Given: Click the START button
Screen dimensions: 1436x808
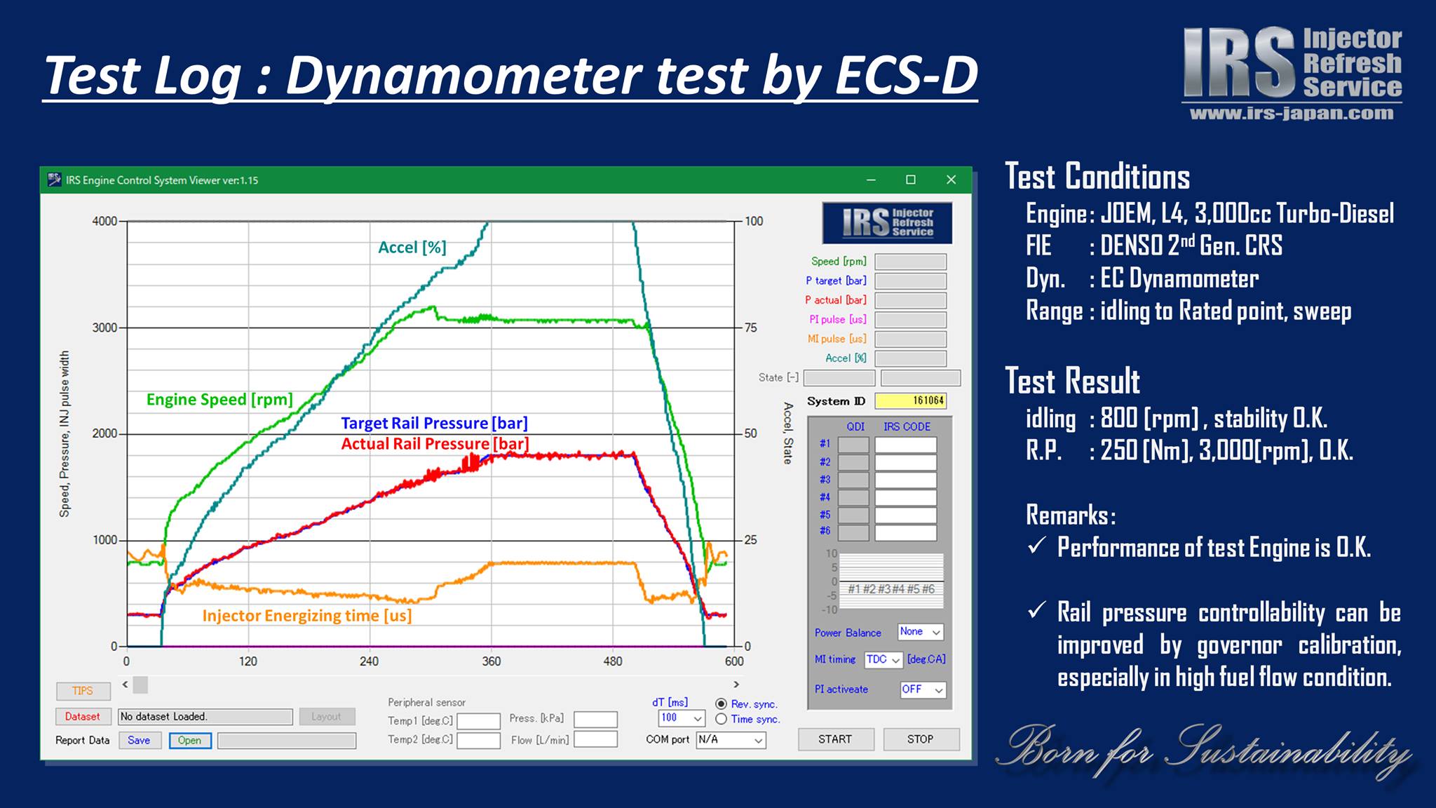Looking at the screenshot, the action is point(836,739).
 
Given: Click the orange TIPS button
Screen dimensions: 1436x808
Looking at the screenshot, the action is point(83,691).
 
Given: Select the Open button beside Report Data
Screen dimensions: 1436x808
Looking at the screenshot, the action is point(190,741).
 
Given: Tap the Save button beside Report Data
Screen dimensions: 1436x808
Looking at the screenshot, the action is point(139,741).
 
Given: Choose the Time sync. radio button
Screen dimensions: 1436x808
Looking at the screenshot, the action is point(721,719).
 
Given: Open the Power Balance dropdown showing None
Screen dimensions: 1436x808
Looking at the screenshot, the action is point(921,632).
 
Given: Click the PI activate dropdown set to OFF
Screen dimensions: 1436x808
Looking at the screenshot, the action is point(923,689).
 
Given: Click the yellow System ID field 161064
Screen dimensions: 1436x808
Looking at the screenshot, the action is point(911,400).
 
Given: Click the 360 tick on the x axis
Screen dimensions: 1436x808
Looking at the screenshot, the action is point(491,661).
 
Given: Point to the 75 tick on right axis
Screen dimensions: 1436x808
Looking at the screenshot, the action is point(751,328).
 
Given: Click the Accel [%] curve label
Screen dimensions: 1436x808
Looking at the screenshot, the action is point(412,247).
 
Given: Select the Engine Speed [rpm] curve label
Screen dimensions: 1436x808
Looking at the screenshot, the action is point(219,400).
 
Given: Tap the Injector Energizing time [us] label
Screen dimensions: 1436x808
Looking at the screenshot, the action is point(307,616).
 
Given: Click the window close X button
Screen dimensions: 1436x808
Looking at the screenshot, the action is point(951,180).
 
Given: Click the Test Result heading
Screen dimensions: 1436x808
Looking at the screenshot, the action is point(1073,381).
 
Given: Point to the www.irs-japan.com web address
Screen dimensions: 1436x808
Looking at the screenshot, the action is point(1292,114).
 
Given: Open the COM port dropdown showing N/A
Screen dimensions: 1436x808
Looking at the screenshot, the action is point(731,740).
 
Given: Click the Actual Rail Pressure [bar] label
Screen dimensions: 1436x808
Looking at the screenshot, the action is point(435,444).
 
